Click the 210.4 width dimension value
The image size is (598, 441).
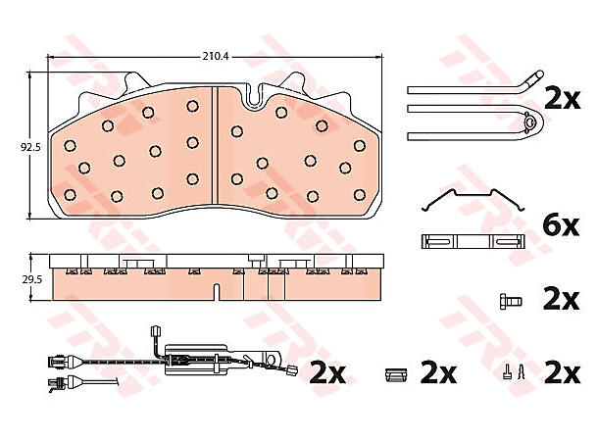point(215,56)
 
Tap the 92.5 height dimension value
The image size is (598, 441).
point(29,147)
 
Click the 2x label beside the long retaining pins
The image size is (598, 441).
point(563,98)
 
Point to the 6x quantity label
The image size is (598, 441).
point(563,225)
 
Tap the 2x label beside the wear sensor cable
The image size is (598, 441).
point(328,372)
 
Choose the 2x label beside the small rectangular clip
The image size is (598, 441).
point(439,372)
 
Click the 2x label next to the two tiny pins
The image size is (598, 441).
point(563,372)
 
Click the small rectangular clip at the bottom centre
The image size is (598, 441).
point(395,372)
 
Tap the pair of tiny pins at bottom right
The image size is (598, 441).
point(515,372)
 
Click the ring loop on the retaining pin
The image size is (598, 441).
point(532,122)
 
